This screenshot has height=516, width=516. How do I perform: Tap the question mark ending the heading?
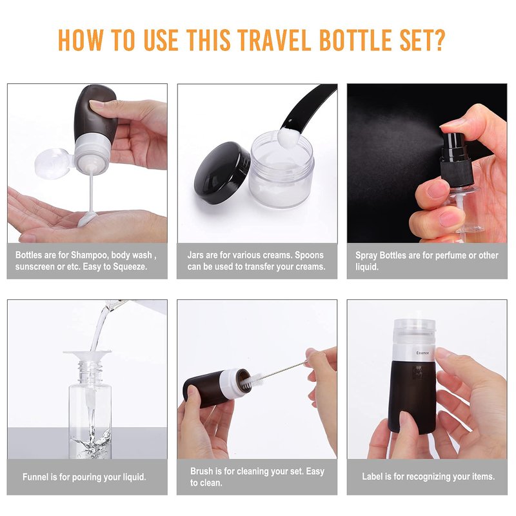click(x=439, y=40)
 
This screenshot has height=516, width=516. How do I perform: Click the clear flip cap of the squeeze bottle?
click(x=53, y=164)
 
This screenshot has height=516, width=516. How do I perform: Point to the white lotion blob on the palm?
click(x=87, y=218)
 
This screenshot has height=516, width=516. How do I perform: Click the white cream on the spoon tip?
click(x=288, y=137)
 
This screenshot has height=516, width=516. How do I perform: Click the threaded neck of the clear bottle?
click(x=88, y=373)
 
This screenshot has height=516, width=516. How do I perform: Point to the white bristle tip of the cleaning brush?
click(x=257, y=380)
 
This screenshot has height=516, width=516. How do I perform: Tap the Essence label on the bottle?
click(x=422, y=353)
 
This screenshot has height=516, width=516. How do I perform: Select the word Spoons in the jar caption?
click(x=309, y=255)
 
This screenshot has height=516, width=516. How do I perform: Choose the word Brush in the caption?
click(x=201, y=471)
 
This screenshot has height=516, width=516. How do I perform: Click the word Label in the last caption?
click(x=372, y=477)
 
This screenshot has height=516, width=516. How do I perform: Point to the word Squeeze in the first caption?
click(x=130, y=266)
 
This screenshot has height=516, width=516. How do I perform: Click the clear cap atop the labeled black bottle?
click(x=414, y=331)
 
